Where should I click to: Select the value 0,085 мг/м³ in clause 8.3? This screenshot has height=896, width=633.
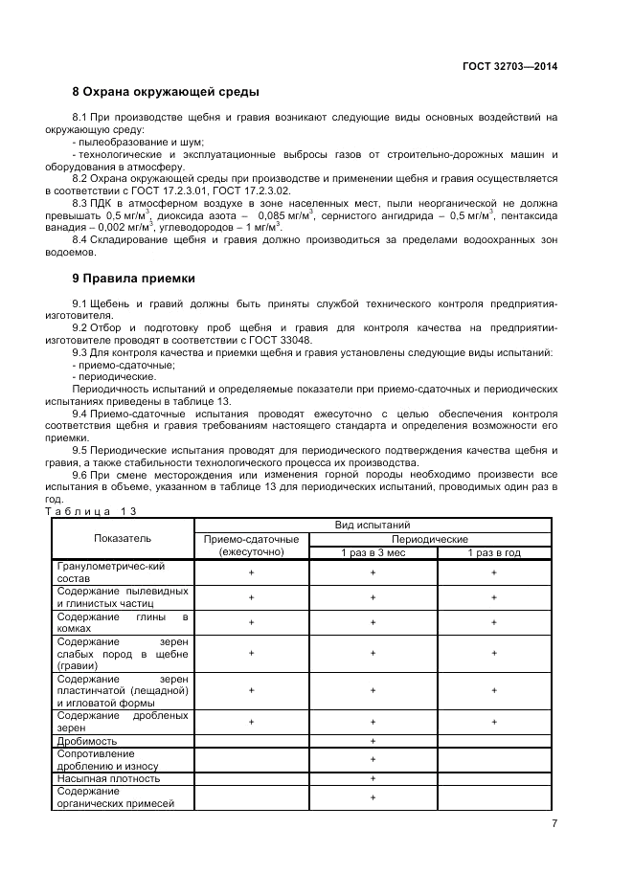285,216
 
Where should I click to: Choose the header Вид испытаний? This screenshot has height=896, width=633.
373,526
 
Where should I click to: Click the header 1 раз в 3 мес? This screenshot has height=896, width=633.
373,552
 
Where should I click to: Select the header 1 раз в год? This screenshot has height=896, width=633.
494,552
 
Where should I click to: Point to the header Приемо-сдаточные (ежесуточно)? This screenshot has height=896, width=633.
253,546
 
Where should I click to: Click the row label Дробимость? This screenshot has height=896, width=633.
87,741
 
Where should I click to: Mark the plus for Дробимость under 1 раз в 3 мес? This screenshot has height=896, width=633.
373,741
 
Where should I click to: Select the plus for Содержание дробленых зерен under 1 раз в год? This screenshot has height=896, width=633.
494,721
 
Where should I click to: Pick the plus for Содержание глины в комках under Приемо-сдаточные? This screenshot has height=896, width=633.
253,622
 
